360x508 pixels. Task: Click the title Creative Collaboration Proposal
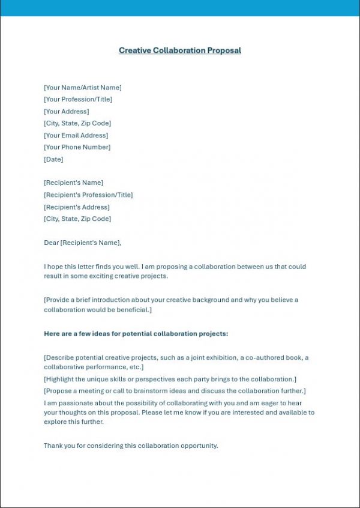(x=180, y=50)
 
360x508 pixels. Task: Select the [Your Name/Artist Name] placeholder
(x=82, y=88)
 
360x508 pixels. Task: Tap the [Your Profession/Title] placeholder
(x=78, y=100)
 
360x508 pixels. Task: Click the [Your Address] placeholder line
(x=66, y=112)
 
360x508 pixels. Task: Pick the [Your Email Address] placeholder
(x=76, y=136)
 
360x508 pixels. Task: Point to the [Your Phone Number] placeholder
(x=77, y=147)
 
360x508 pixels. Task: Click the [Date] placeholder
(x=53, y=159)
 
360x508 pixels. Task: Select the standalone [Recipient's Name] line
(x=73, y=183)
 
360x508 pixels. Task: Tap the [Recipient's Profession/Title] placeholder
(x=88, y=195)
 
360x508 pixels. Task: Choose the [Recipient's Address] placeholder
(x=77, y=207)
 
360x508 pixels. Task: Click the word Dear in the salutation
(x=52, y=243)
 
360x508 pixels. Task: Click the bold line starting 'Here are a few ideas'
(x=136, y=333)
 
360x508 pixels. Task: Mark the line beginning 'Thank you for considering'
(x=131, y=446)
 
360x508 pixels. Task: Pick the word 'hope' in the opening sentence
(x=57, y=267)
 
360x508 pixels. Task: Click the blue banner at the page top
(x=180, y=8)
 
